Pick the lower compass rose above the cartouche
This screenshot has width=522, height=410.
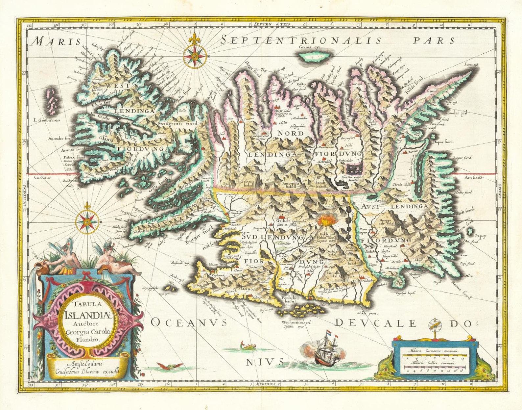(87, 222)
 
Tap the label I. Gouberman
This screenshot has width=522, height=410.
(47, 120)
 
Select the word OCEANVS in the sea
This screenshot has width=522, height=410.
(189, 322)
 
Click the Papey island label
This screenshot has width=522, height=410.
(480, 236)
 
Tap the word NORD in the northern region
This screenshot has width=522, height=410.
(290, 133)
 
